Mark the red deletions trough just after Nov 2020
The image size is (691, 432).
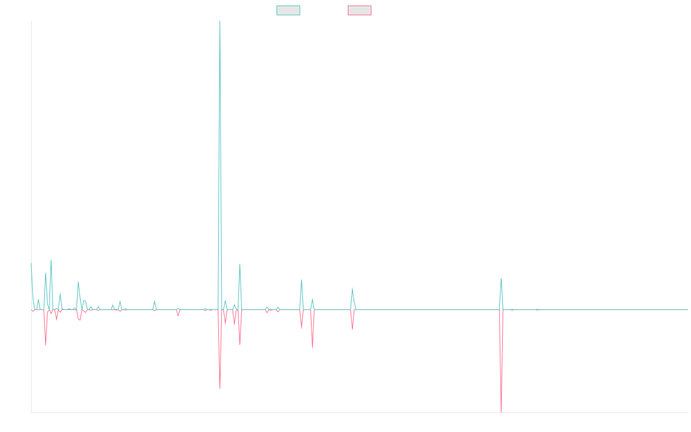[x=220, y=389]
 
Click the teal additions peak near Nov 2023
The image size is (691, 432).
[x=502, y=278]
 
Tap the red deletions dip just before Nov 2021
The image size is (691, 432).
[x=313, y=348]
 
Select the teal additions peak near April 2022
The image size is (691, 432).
[x=352, y=288]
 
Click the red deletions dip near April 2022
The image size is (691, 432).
[x=352, y=329]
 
